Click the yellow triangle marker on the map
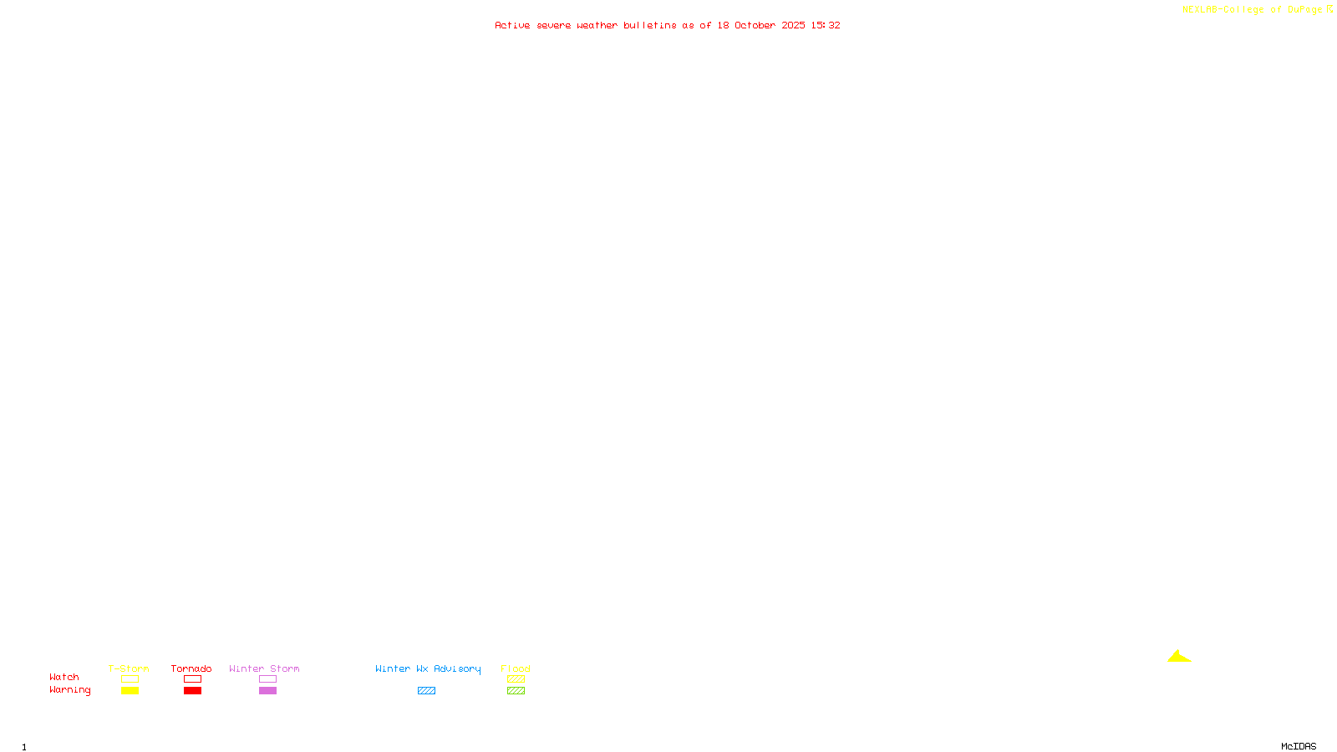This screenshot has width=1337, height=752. pos(1179,657)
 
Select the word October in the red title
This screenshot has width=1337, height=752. pos(755,25)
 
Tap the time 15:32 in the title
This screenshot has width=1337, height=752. pos(826,25)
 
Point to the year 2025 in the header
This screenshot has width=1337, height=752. pos(793,25)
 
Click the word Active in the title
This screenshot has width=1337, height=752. pos(512,25)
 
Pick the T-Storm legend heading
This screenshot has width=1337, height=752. pos(129,668)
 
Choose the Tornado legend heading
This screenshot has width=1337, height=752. pos(191,668)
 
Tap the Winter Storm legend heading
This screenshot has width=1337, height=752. pos(264,668)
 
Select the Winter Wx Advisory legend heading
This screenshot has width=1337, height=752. pos(428,668)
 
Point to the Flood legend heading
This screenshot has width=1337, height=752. pos(516,668)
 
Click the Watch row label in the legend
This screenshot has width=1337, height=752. pos(64,677)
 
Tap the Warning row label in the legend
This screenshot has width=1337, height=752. pos(70,690)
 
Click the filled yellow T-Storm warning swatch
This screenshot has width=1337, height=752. pos(130,690)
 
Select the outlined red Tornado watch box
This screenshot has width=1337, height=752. pos(192,679)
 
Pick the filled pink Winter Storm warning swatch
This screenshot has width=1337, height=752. pos(267,690)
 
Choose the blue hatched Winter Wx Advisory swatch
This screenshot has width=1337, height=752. pos(426,690)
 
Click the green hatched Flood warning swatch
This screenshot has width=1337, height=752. pos(516,690)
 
